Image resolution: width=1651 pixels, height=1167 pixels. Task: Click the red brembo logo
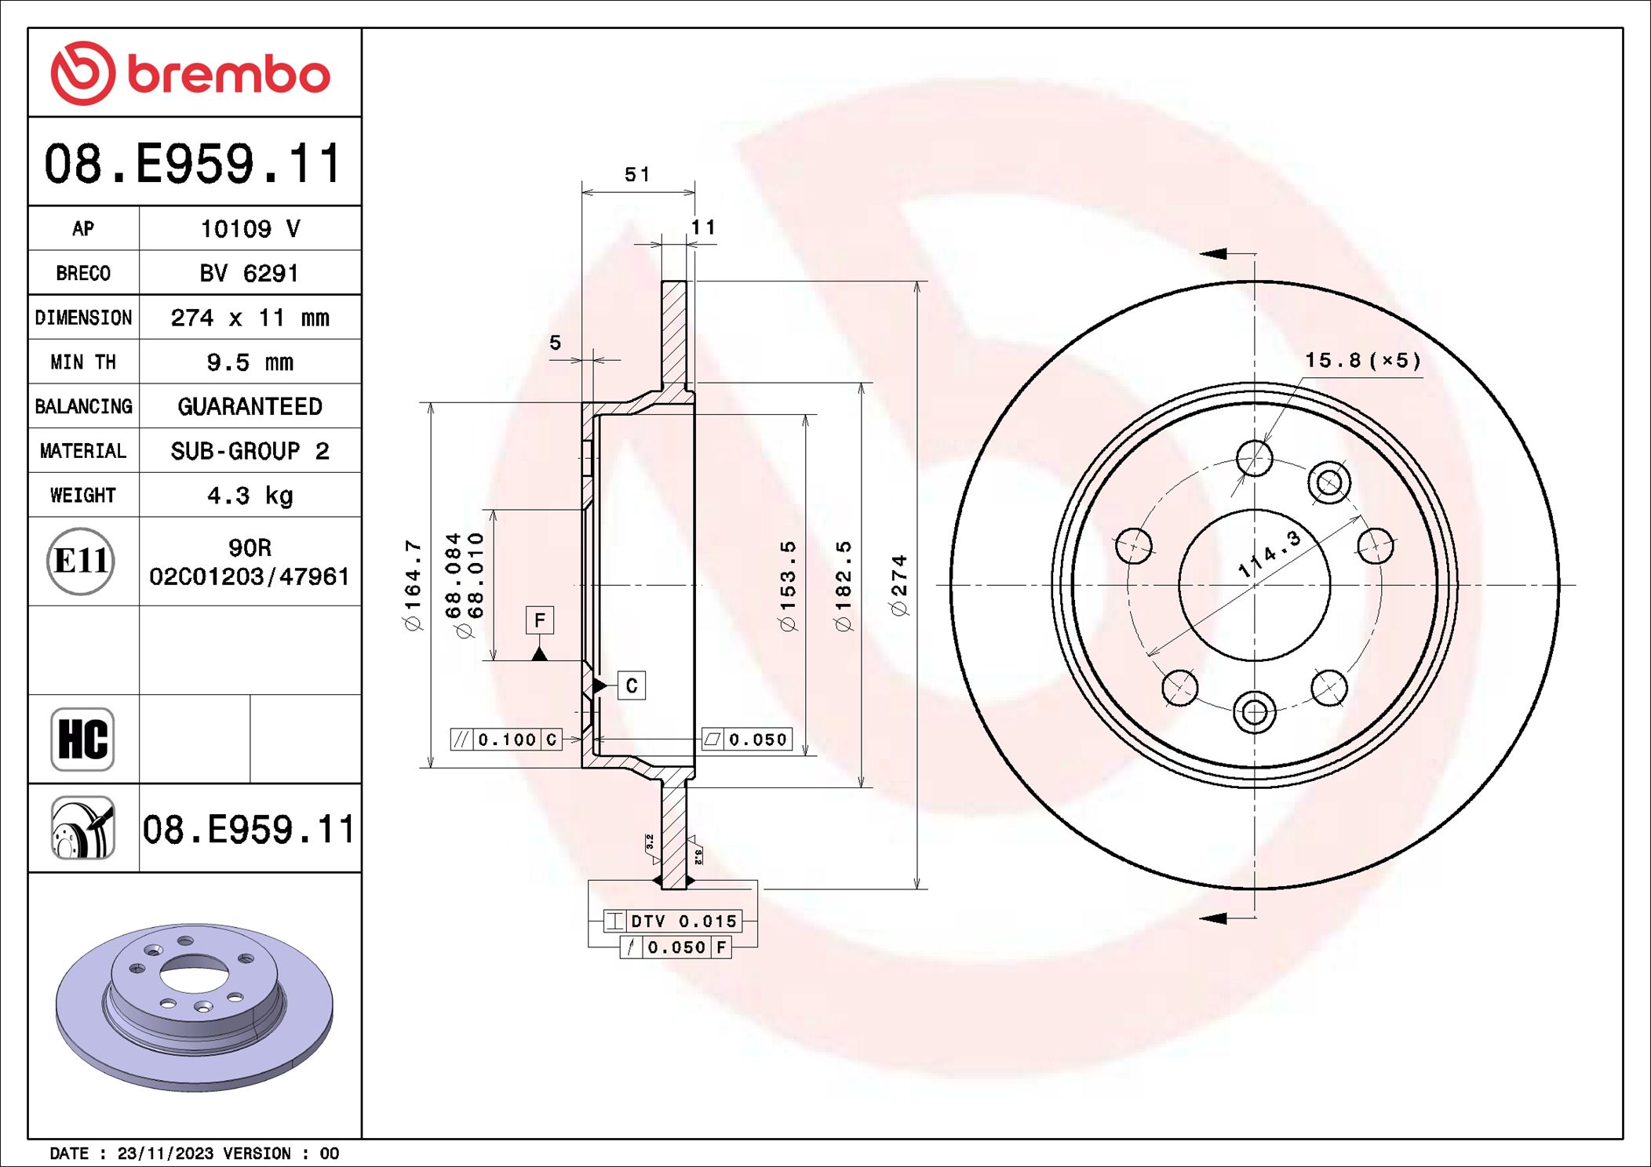(x=191, y=73)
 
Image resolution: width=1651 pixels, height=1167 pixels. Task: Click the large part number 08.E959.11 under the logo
(x=193, y=163)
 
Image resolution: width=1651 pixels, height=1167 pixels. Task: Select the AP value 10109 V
(x=250, y=229)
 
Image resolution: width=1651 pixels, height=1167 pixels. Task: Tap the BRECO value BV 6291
(x=250, y=274)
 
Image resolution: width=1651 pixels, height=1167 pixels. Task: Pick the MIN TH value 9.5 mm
(x=250, y=362)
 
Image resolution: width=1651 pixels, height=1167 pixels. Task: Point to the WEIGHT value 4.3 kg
(x=250, y=496)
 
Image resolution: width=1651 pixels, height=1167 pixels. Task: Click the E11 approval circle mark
(x=81, y=562)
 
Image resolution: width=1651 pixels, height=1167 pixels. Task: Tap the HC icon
(x=82, y=739)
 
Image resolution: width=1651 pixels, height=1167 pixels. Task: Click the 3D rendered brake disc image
(x=194, y=1006)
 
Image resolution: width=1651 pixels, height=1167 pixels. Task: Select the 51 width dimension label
(x=637, y=174)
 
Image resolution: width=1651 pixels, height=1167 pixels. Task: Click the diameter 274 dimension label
(x=899, y=585)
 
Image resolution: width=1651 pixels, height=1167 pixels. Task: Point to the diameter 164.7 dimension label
(x=413, y=585)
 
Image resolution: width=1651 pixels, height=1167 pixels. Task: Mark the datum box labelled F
(x=540, y=620)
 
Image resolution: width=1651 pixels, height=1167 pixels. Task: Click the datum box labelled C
(x=632, y=685)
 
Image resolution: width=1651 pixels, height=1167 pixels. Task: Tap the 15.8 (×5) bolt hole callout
(x=1363, y=361)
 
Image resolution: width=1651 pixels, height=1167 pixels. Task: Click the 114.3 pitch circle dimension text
(x=1269, y=553)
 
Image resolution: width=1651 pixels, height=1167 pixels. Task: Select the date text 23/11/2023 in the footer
(x=165, y=1154)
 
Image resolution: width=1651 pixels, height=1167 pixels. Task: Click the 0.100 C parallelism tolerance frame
(x=507, y=740)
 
